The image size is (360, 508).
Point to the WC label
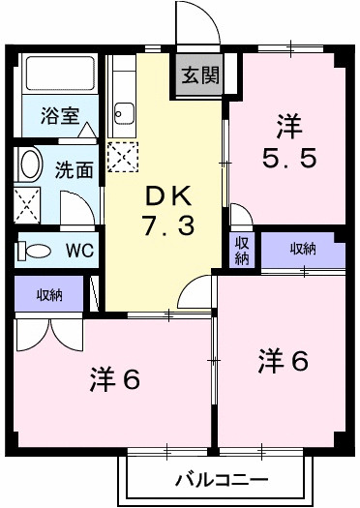[x=79, y=250]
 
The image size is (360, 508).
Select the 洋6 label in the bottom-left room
[x=116, y=377]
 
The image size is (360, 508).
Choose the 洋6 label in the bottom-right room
[x=283, y=361]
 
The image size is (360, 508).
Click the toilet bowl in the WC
[x=37, y=250]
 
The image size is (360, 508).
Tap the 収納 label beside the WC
[x=51, y=295]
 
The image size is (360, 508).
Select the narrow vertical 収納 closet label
[x=241, y=250]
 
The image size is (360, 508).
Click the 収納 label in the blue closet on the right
[x=303, y=249]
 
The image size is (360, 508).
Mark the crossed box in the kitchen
[x=122, y=156]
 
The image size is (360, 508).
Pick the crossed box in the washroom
[x=26, y=204]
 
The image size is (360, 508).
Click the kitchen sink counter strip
[x=122, y=101]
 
